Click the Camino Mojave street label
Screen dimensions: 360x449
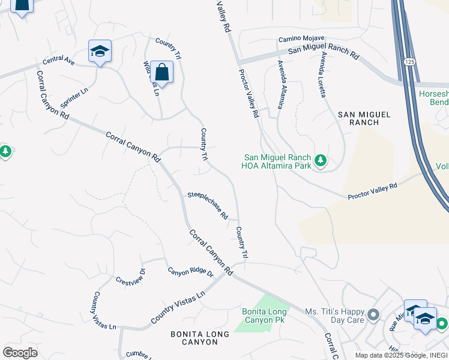301,39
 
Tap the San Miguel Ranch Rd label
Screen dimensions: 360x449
323,53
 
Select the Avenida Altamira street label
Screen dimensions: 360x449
280,85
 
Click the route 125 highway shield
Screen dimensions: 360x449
409,62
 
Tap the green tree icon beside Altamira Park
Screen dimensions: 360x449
321,160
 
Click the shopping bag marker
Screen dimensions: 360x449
161,73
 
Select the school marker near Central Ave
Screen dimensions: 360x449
100,52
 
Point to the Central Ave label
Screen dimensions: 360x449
58,61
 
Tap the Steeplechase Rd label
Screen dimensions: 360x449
208,205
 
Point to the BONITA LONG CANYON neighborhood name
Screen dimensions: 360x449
193,337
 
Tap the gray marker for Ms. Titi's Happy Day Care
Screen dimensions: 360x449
373,314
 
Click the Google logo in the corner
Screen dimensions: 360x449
20,353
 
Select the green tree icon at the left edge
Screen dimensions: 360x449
5,151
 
